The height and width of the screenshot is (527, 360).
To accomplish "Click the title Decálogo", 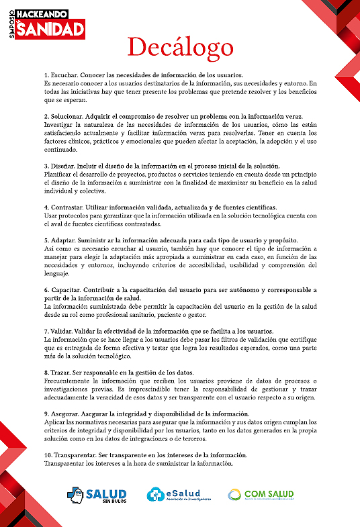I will click(180, 47).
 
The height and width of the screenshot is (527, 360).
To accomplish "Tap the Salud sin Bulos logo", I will click(98, 495).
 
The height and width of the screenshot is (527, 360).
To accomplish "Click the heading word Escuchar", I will click(63, 74).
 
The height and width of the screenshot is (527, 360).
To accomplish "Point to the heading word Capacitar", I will click(64, 290).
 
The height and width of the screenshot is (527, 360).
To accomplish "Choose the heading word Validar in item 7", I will click(61, 332).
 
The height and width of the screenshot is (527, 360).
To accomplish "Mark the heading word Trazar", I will click(60, 372).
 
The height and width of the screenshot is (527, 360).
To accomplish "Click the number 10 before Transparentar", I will click(46, 455).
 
